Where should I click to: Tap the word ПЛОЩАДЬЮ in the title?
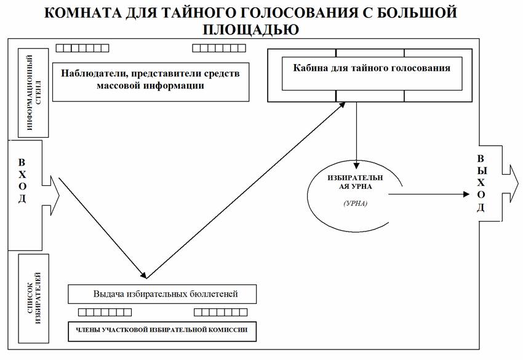261,30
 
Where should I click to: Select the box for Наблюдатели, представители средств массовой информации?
150,81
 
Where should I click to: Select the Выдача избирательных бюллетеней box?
161,293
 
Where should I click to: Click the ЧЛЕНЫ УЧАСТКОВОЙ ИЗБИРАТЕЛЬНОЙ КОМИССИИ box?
161,330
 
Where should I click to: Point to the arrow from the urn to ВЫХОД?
431,194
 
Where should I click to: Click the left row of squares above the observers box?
82,48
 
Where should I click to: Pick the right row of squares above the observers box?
219,48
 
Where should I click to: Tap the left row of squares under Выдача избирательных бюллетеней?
104,312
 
